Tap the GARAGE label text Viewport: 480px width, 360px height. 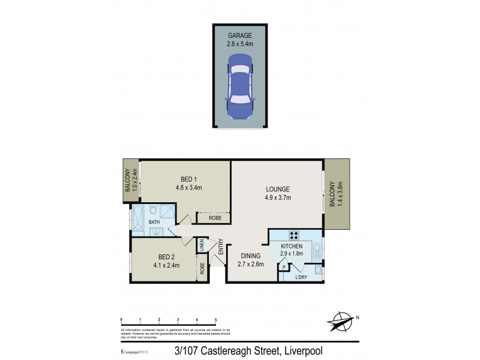coord(240,35)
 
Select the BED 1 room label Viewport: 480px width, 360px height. coord(188,179)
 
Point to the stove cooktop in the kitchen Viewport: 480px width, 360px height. coord(295,235)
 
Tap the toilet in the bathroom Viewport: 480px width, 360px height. coord(154,210)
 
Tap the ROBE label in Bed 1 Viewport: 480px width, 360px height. coord(214,218)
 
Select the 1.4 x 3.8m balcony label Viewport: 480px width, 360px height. coord(339,194)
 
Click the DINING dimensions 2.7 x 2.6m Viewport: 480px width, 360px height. coord(249,264)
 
